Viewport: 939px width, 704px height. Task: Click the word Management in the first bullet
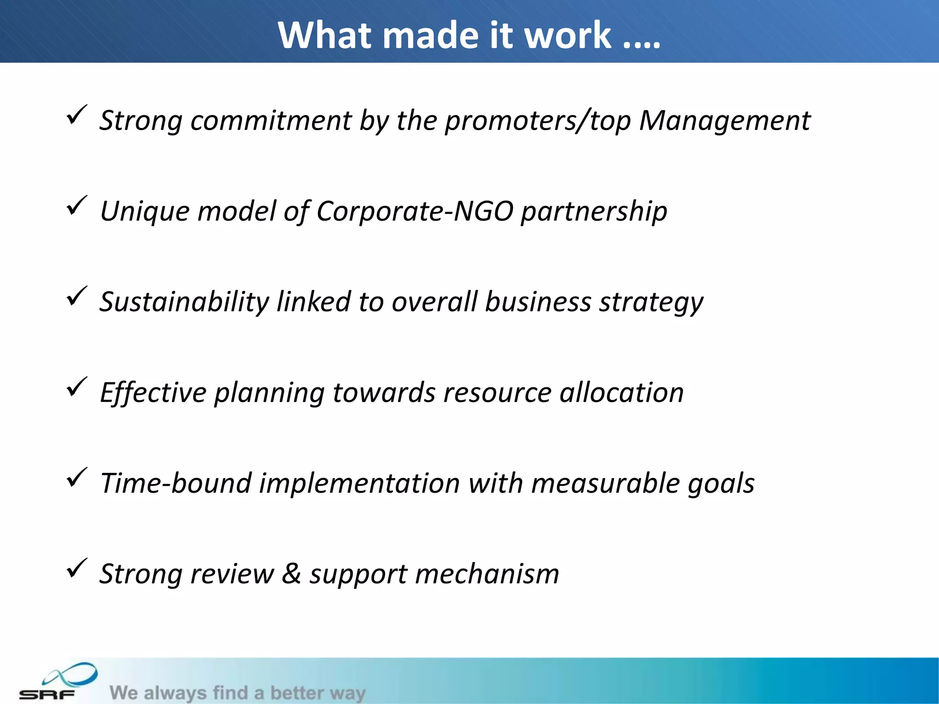724,121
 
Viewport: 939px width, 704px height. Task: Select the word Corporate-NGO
414,211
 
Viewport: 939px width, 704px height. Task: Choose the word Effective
153,393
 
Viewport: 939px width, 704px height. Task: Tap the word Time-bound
176,483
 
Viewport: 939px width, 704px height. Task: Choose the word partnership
594,211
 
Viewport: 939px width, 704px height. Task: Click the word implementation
359,483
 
